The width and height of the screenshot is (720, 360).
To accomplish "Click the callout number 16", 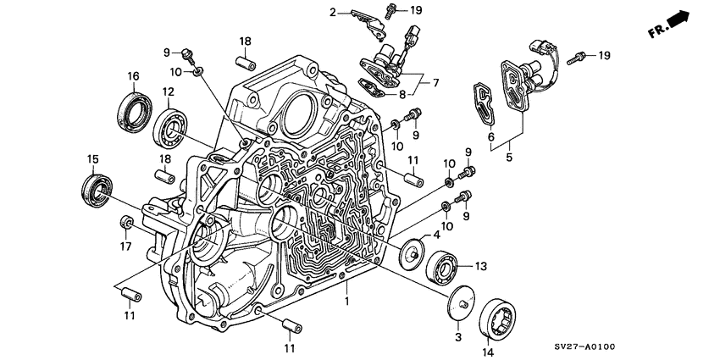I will tap(133, 77).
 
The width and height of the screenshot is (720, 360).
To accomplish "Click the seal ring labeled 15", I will tap(95, 187).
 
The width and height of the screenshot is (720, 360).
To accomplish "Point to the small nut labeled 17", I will tap(127, 223).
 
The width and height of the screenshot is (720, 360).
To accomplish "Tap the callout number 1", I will tap(346, 301).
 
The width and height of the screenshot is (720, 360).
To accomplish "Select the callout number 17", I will tap(126, 247).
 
